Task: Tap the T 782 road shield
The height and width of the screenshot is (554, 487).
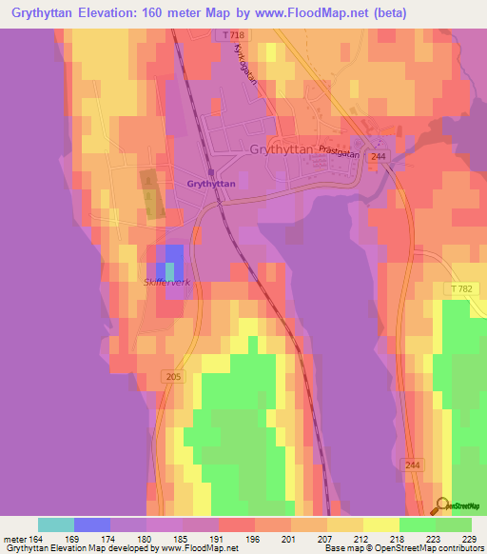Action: [x=464, y=287]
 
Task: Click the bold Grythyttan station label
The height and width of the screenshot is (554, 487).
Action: [x=210, y=183]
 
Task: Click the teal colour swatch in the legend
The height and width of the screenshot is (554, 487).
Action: [x=56, y=524]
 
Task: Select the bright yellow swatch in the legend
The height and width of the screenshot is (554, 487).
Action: [x=381, y=524]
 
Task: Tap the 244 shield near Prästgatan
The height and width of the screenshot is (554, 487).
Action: [x=379, y=156]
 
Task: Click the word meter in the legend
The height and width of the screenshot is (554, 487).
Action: [x=16, y=539]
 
